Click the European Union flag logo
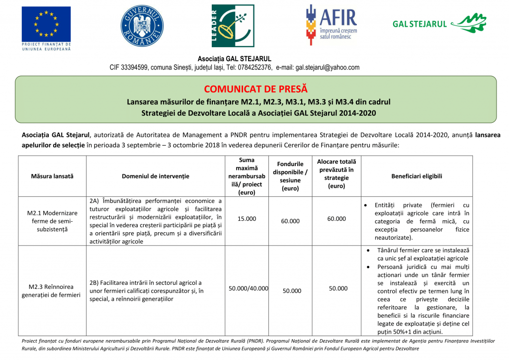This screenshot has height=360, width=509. tap(46, 24)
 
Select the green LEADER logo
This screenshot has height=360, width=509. tap(233, 26)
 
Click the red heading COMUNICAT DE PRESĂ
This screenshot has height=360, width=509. tap(255, 89)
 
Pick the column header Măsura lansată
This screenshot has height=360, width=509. tap(52, 176)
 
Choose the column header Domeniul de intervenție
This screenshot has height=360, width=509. tap(156, 176)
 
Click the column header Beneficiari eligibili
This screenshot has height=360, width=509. tap(417, 176)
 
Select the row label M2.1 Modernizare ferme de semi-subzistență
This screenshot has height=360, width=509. tap(52, 221)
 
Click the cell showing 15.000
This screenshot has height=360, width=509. tap(247, 219)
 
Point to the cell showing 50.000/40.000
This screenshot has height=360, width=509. tap(248, 288)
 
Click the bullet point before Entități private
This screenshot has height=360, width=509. tap(366, 205)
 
